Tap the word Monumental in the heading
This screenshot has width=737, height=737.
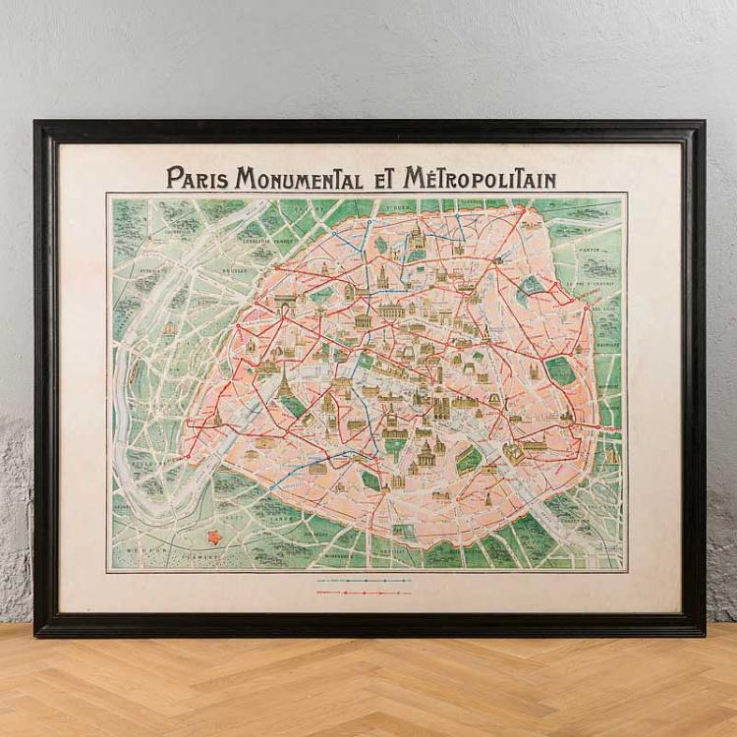point(289,179)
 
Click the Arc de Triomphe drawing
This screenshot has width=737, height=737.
point(286,304)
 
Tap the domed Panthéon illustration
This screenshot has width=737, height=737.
point(425,453)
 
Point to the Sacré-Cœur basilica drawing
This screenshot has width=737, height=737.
point(417,236)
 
